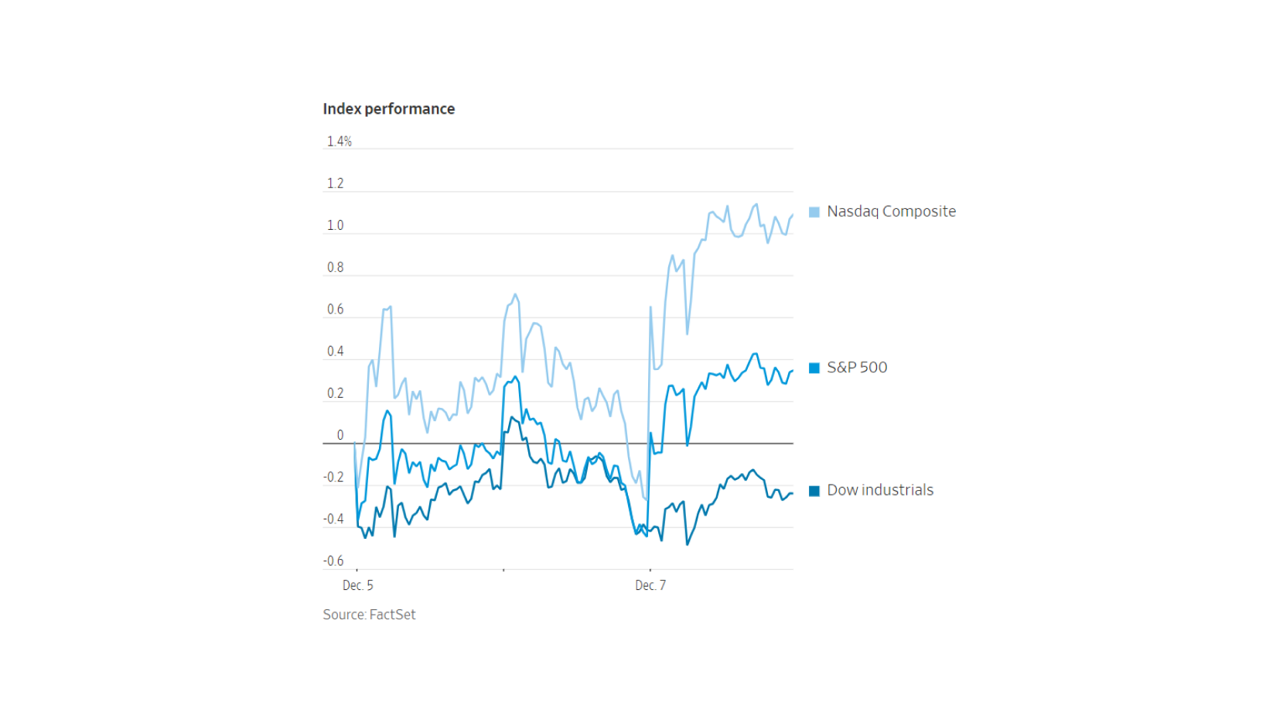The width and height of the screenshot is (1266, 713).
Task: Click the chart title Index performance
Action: (x=388, y=109)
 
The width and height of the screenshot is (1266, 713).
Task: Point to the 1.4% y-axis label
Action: (x=339, y=141)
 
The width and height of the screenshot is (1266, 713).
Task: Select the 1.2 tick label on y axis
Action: (x=335, y=183)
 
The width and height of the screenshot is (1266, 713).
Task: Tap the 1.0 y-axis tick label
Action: (x=335, y=225)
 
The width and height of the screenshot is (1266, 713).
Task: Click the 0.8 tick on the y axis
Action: (x=335, y=267)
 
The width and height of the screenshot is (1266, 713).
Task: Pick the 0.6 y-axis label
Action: (x=335, y=309)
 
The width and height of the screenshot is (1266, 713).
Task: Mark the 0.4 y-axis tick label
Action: (x=335, y=351)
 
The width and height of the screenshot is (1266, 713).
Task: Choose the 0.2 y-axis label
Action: (x=335, y=393)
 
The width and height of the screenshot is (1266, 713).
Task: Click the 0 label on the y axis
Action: (x=340, y=435)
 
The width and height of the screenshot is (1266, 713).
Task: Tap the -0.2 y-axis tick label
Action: (x=333, y=477)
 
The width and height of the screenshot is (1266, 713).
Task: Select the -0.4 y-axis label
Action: (x=333, y=519)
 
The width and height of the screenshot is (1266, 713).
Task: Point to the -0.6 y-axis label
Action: (x=333, y=560)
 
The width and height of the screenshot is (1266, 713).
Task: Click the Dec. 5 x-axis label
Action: (x=357, y=585)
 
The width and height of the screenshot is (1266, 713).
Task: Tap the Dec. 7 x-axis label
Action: (x=650, y=585)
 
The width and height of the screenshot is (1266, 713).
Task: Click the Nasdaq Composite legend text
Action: (x=891, y=211)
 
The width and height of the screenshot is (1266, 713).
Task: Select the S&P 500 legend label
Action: (x=857, y=368)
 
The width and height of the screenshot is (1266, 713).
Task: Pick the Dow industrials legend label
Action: (x=880, y=490)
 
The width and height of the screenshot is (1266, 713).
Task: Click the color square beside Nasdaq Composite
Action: (x=814, y=212)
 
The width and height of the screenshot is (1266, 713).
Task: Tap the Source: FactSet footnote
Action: (x=369, y=615)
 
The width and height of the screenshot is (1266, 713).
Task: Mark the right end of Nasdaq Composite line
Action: (x=793, y=215)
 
